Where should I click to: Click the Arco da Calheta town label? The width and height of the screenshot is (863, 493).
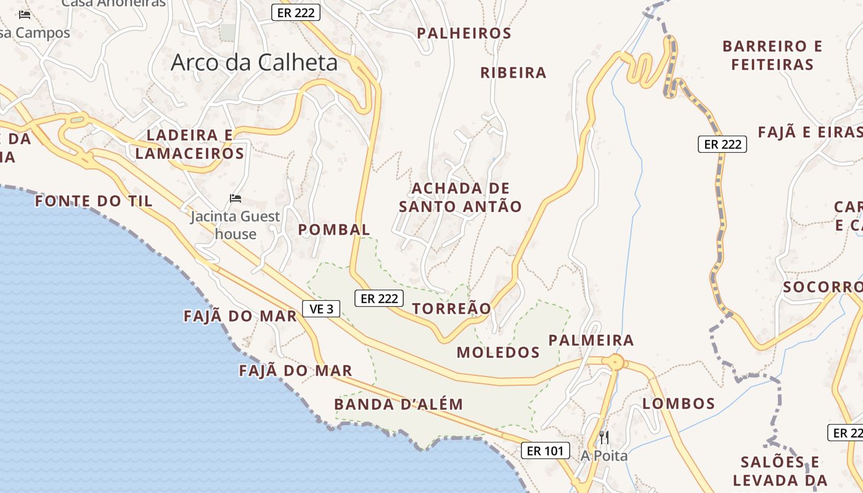(254, 62)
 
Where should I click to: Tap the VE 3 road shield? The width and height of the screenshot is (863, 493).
(321, 309)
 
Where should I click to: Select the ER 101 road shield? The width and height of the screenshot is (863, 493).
(545, 450)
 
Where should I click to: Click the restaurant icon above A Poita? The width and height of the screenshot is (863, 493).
(604, 438)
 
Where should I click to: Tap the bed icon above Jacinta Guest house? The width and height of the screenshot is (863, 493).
(235, 198)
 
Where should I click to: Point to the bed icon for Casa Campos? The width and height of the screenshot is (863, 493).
(25, 15)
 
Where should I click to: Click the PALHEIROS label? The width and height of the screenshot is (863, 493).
(464, 33)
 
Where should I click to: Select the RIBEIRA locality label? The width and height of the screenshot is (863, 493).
(513, 73)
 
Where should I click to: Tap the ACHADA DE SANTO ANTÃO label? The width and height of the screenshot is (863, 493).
(460, 197)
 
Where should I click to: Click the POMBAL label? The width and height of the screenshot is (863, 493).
(334, 230)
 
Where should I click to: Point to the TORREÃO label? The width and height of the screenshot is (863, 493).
(452, 309)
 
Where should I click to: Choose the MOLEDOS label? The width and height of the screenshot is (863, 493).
(498, 352)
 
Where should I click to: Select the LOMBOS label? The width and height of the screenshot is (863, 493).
(679, 404)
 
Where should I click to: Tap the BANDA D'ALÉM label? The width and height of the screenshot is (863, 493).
(398, 404)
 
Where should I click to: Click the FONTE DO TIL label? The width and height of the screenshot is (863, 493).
(94, 201)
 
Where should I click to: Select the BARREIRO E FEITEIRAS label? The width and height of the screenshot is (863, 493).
(772, 55)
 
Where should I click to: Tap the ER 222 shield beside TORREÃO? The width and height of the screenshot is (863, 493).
(379, 299)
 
